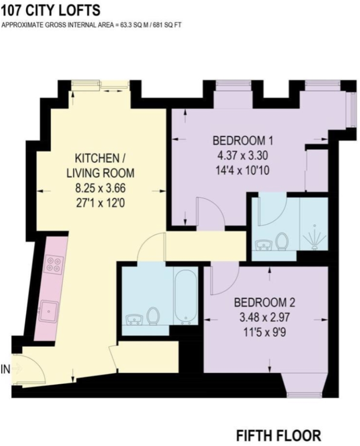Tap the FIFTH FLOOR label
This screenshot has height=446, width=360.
[278, 435]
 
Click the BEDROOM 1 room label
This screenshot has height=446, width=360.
[242, 140]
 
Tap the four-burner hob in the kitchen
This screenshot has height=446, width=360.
[53, 263]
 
